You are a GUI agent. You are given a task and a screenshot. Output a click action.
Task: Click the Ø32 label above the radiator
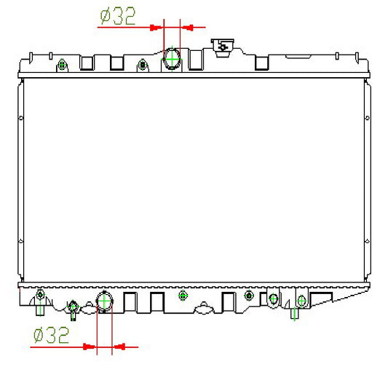(118, 16)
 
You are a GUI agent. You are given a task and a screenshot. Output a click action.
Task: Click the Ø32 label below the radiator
(51, 335)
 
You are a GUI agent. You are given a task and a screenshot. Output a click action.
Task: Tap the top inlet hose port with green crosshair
(172, 59)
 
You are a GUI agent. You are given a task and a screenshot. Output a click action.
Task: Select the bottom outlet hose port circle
(104, 301)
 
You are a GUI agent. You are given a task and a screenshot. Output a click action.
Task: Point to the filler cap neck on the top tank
(223, 47)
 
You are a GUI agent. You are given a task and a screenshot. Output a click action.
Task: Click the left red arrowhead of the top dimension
(156, 27)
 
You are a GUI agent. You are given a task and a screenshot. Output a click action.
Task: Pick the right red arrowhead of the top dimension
(187, 27)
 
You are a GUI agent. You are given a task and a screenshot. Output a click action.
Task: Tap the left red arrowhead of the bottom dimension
(90, 347)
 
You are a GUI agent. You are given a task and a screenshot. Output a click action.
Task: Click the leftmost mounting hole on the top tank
(62, 66)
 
